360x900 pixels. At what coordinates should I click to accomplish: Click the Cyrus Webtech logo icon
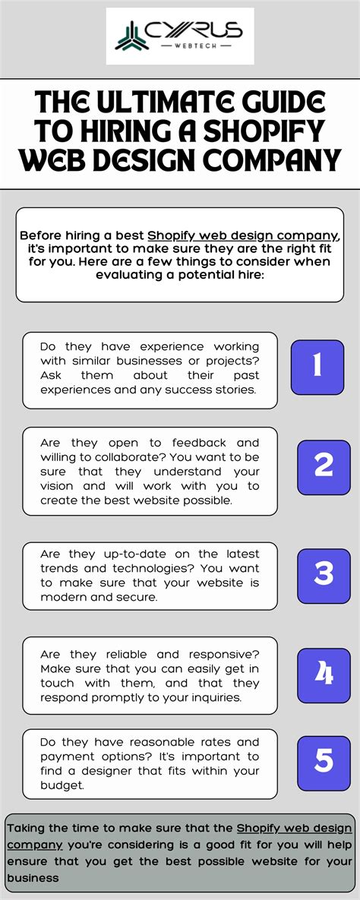(131, 36)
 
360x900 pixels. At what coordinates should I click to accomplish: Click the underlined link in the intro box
(243, 235)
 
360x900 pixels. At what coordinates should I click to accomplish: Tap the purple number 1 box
(317, 366)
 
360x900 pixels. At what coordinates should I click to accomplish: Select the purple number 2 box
(324, 465)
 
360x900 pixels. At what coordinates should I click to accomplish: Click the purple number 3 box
(324, 573)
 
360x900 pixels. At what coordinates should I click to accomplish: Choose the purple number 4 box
(324, 674)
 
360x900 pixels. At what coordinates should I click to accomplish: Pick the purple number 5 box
(324, 760)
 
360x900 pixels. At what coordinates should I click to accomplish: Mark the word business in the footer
(33, 878)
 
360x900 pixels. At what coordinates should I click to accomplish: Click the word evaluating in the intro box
(128, 275)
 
